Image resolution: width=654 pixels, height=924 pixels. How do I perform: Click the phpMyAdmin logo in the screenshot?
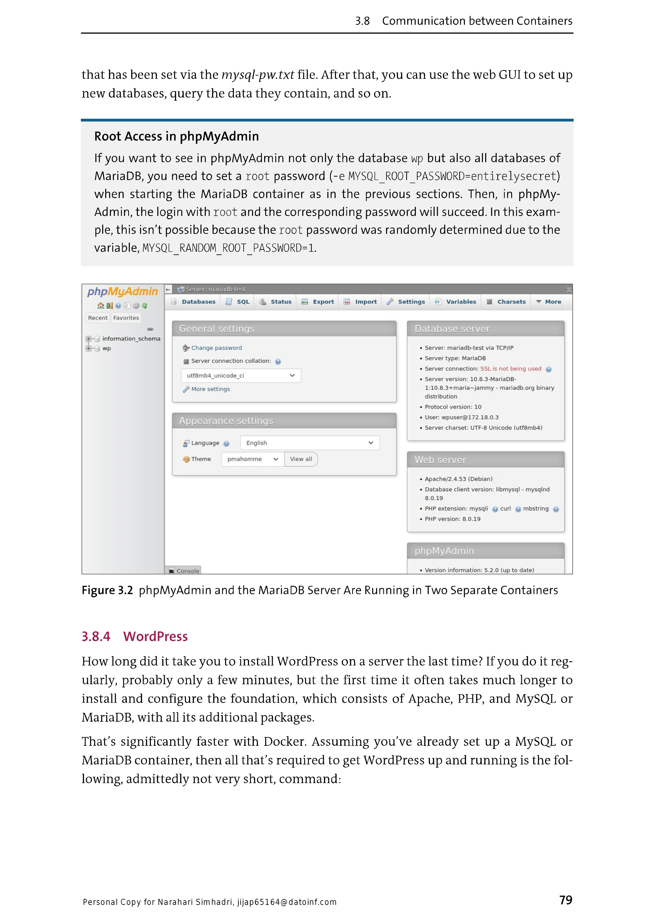point(122,291)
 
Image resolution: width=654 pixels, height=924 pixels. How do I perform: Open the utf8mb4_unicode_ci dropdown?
point(241,375)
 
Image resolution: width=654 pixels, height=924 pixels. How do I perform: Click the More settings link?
point(210,389)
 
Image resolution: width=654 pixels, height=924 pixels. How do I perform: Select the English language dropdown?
point(310,443)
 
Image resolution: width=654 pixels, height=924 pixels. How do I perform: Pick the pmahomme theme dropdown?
point(253,459)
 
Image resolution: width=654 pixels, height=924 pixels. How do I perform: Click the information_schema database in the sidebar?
point(131,339)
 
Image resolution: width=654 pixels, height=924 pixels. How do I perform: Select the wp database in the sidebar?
point(107,348)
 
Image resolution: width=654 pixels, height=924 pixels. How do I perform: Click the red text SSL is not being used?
point(511,369)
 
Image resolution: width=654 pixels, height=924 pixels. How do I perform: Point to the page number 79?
point(565,900)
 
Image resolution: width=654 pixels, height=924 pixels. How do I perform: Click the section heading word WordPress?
point(155,637)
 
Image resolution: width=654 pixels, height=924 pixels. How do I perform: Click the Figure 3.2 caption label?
point(107,590)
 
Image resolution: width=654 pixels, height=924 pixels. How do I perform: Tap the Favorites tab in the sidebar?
point(126,318)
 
